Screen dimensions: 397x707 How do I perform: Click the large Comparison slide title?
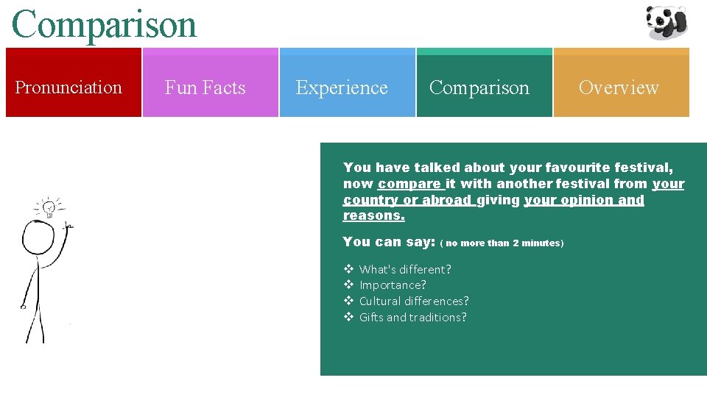(105, 24)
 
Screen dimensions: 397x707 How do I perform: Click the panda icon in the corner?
(666, 22)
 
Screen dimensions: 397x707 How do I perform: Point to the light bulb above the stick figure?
(49, 208)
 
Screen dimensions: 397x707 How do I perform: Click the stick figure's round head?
(38, 237)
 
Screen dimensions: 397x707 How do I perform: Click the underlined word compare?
(409, 184)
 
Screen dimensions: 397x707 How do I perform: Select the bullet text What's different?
(405, 269)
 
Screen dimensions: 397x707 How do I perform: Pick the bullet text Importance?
(393, 285)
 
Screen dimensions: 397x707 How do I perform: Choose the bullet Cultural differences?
(414, 301)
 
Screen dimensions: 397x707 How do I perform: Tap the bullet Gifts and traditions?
(412, 318)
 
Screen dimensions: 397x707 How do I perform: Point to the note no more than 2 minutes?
(502, 243)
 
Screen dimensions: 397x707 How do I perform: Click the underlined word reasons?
(373, 216)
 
